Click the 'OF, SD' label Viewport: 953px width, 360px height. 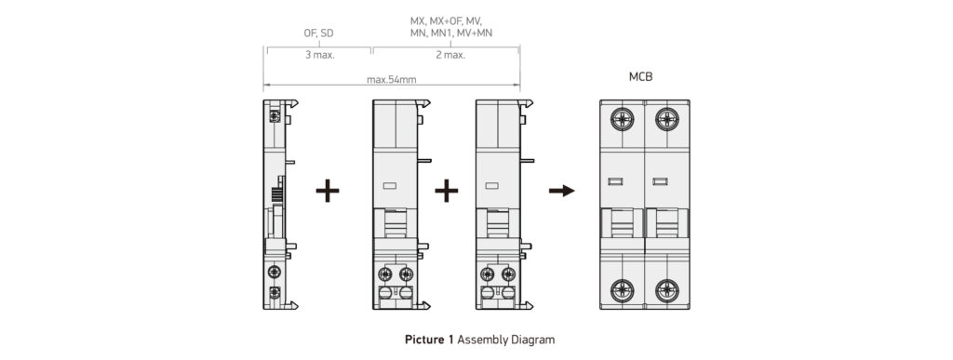click(x=318, y=33)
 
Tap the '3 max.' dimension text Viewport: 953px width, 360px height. click(x=320, y=55)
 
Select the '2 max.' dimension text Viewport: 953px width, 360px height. click(x=450, y=55)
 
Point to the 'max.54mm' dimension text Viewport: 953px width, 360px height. click(x=392, y=79)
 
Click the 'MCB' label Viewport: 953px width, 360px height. click(x=641, y=76)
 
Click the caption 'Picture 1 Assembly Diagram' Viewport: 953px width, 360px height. click(x=479, y=340)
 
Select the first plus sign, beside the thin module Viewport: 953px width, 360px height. click(x=328, y=191)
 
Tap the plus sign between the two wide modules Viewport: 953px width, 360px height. click(x=446, y=191)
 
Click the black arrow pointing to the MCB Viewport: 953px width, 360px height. click(x=561, y=191)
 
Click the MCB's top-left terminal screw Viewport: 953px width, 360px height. click(x=623, y=119)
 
